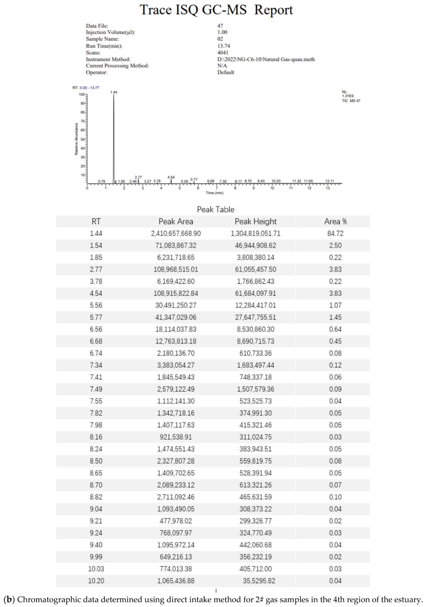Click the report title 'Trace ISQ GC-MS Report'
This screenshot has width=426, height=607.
pos(216,10)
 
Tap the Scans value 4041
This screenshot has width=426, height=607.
pos(223,53)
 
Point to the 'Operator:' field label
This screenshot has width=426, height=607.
pos(96,72)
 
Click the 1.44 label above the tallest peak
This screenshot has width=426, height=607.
pos(114,92)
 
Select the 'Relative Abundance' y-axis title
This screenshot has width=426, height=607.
pos(76,139)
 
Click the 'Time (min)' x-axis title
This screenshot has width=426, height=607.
pos(214,193)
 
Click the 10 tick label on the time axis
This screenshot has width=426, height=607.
pos(272,188)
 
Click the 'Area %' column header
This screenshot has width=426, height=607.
pos(335,222)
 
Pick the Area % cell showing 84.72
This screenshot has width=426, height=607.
pos(335,233)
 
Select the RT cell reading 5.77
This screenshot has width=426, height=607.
pos(96,317)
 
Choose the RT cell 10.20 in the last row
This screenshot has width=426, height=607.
pos(96,581)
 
